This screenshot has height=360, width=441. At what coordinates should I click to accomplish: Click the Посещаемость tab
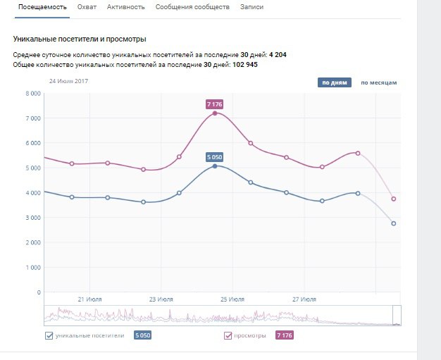click(x=42, y=7)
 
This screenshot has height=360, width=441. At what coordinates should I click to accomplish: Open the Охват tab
click(x=87, y=7)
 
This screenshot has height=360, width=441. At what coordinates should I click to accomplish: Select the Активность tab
click(x=126, y=7)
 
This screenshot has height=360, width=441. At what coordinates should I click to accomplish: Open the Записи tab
click(x=252, y=7)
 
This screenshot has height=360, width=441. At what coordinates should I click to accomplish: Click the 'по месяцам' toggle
click(x=379, y=82)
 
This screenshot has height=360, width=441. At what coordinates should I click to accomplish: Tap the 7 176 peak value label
click(x=215, y=104)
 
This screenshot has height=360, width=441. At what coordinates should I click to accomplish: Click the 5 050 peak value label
click(x=215, y=157)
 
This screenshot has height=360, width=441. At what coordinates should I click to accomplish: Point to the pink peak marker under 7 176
click(x=215, y=113)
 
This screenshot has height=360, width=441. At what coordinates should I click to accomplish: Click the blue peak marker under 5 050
click(x=215, y=166)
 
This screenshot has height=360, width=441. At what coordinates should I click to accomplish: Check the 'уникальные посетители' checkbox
click(x=49, y=335)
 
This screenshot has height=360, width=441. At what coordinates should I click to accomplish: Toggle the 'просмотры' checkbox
click(x=228, y=335)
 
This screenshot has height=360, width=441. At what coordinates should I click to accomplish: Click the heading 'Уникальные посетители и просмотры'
click(x=84, y=39)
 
